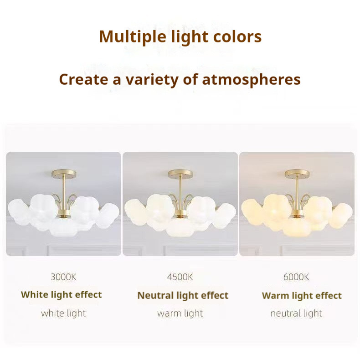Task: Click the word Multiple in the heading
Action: click(x=133, y=37)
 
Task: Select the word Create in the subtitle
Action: click(x=83, y=79)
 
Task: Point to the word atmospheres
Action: click(x=251, y=80)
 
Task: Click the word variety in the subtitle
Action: click(x=152, y=80)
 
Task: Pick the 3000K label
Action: click(x=63, y=277)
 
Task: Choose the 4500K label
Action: click(x=180, y=277)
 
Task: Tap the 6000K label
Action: click(x=296, y=277)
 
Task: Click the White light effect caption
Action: click(x=62, y=295)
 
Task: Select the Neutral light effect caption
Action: click(x=183, y=295)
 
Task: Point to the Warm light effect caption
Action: click(x=302, y=296)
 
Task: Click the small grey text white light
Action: click(x=63, y=314)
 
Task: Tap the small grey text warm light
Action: click(x=180, y=314)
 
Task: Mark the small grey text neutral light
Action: click(x=296, y=314)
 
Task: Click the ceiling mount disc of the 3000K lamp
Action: click(x=64, y=174)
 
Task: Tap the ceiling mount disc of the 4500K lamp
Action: click(x=180, y=174)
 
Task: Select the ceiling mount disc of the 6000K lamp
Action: click(x=297, y=174)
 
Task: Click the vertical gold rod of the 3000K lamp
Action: click(x=64, y=193)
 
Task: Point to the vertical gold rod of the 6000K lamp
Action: click(x=297, y=193)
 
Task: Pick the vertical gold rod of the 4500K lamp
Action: click(x=180, y=193)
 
